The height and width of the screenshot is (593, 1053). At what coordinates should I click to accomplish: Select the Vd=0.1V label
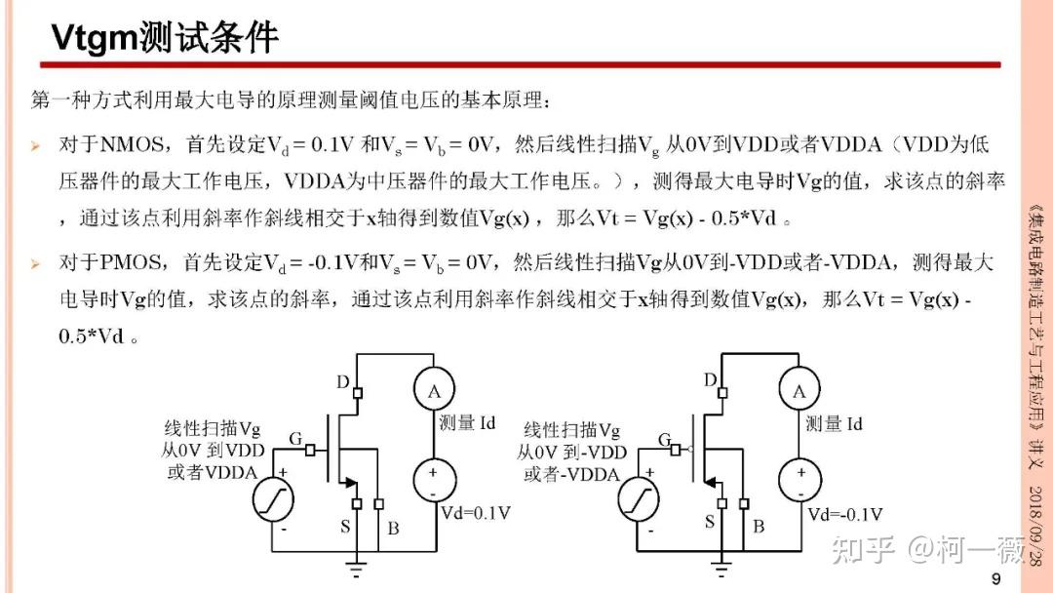[x=477, y=513]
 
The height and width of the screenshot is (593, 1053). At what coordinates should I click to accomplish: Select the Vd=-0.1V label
[x=844, y=514]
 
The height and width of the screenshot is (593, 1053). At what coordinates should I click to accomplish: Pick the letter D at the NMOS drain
[x=342, y=382]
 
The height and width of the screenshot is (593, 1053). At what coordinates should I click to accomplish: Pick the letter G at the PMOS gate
[x=664, y=441]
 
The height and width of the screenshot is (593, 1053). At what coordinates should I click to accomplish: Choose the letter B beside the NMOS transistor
[x=393, y=528]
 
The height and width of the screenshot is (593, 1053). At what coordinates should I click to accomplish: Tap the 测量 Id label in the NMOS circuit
[x=468, y=423]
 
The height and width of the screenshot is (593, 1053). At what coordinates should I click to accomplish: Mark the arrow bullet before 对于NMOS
[x=35, y=146]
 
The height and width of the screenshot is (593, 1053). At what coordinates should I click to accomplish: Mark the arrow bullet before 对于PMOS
[x=35, y=263]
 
